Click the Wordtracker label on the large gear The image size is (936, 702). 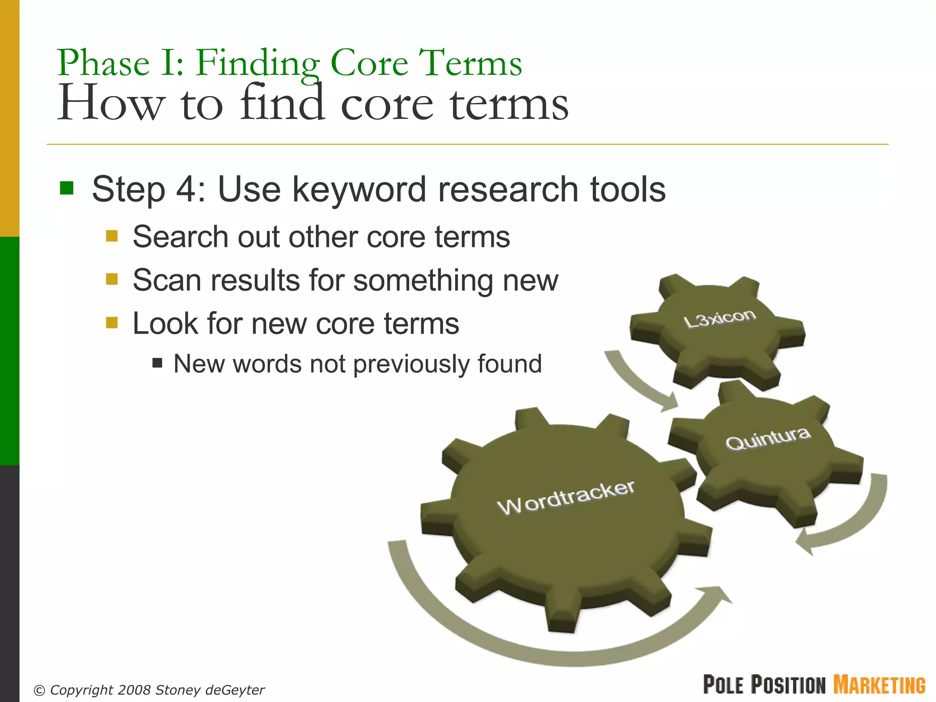pyautogui.click(x=566, y=498)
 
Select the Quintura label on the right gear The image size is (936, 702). pyautogui.click(x=768, y=439)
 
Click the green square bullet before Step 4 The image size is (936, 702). pyautogui.click(x=67, y=188)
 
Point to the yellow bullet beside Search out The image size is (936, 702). pyautogui.click(x=112, y=236)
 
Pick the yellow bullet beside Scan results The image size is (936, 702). pyautogui.click(x=112, y=279)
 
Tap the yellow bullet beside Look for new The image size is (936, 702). pyautogui.click(x=112, y=323)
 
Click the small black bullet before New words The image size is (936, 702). pyautogui.click(x=158, y=363)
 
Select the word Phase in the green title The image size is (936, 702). pyautogui.click(x=103, y=63)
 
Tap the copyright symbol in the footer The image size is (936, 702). pyautogui.click(x=40, y=690)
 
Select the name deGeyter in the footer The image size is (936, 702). pyautogui.click(x=235, y=690)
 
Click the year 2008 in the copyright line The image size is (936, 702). pyautogui.click(x=134, y=690)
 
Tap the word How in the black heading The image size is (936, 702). pyautogui.click(x=110, y=104)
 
